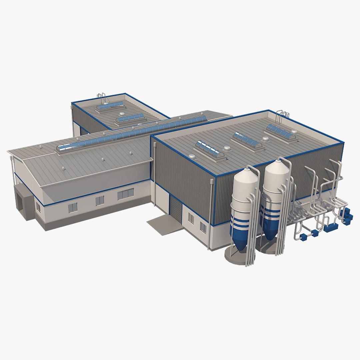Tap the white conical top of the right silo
click(276, 170)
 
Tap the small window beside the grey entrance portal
click(38, 208)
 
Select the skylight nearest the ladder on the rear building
click(110, 106)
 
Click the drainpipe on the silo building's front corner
click(211, 213)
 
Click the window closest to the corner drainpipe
click(203, 227)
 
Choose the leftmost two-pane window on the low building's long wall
click(73, 208)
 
